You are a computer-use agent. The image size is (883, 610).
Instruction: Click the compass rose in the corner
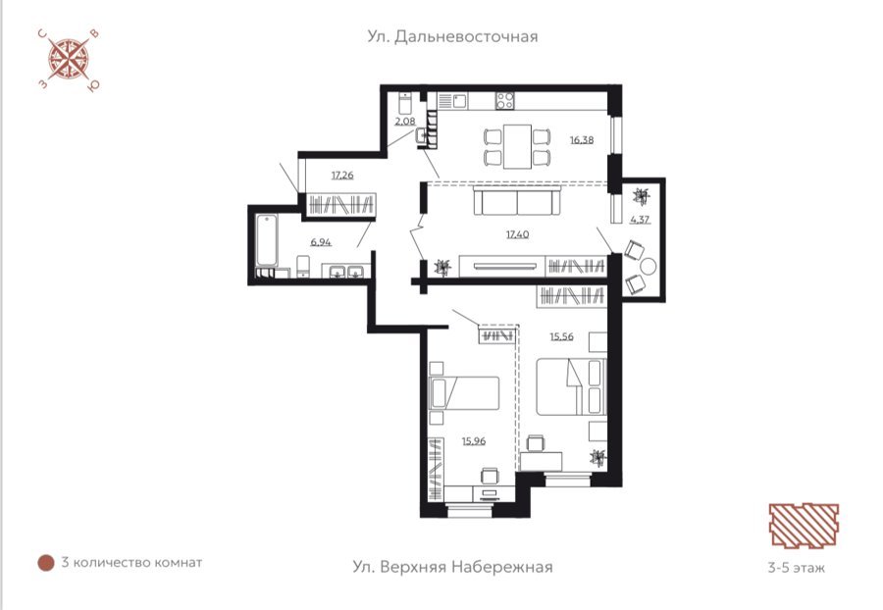click(68, 59)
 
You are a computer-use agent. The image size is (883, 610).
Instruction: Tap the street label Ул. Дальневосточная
click(452, 36)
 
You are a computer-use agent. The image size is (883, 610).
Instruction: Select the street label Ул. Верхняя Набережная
click(452, 567)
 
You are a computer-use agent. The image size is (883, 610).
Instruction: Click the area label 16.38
click(581, 139)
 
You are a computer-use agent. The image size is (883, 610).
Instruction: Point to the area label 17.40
click(517, 234)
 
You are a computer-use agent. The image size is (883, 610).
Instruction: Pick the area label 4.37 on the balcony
click(641, 219)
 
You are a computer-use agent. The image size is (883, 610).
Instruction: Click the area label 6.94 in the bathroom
click(321, 242)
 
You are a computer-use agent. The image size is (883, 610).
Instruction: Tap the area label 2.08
click(405, 121)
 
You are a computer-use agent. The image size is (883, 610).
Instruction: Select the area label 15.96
click(474, 441)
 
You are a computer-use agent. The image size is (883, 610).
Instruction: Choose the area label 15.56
click(561, 336)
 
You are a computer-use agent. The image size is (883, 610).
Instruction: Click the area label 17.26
click(342, 175)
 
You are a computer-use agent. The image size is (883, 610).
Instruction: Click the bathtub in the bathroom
click(267, 240)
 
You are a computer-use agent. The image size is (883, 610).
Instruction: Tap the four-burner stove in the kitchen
click(504, 101)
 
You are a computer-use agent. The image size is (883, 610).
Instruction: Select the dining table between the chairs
click(517, 146)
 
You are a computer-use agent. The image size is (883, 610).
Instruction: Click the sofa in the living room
click(517, 201)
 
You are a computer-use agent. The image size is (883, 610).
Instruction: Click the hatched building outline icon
click(804, 525)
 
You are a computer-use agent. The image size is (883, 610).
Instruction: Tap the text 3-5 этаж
click(797, 567)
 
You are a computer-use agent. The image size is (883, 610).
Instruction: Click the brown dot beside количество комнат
click(45, 563)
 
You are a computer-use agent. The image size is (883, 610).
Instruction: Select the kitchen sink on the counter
click(459, 101)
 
